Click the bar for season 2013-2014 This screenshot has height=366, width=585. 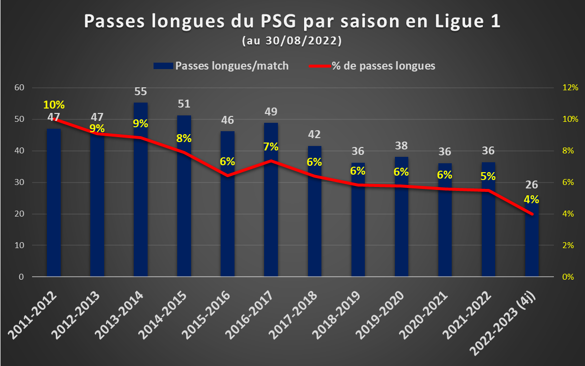[x=141, y=189]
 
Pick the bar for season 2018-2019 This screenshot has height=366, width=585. [x=358, y=220]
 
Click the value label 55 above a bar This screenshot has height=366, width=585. [x=141, y=91]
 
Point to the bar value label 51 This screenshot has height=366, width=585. [x=184, y=104]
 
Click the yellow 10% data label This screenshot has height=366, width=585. [x=54, y=105]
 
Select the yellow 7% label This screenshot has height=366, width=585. [x=271, y=147]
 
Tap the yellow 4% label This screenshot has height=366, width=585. [x=531, y=199]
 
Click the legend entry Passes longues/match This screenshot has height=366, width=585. [x=221, y=66]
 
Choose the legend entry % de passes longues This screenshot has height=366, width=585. [x=372, y=66]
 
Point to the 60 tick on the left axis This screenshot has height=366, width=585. [x=19, y=88]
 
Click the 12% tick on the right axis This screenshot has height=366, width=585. [x=570, y=88]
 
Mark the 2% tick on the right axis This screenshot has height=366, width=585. [x=568, y=245]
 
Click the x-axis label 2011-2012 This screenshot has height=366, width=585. [x=33, y=315]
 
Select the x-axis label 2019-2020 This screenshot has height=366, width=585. [x=380, y=315]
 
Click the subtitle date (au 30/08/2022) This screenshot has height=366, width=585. [x=292, y=40]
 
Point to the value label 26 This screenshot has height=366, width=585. [x=532, y=184]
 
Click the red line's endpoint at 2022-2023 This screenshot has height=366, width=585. [x=532, y=214]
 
